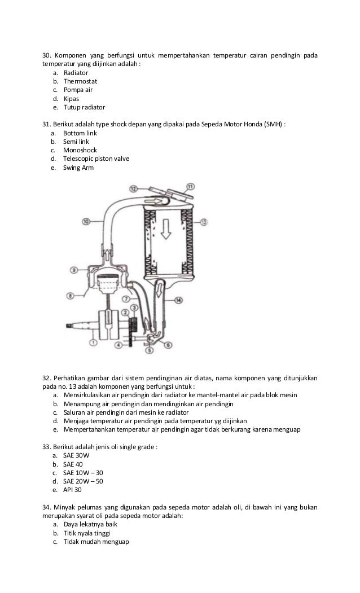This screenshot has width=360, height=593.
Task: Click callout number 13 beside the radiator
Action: tap(204, 222)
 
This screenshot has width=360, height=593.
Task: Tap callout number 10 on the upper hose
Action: tap(86, 221)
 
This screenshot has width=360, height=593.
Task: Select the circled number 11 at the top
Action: tap(190, 186)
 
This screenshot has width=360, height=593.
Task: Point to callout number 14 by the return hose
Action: tap(178, 300)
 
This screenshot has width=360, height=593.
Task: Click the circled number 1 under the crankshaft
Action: tap(93, 342)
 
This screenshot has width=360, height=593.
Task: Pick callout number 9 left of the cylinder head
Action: tap(74, 270)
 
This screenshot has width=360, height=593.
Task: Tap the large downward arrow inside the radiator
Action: tap(166, 230)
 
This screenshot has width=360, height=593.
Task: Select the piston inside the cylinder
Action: tap(108, 283)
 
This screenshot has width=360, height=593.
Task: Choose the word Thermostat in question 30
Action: tap(80, 81)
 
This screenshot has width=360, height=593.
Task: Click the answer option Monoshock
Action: tap(80, 150)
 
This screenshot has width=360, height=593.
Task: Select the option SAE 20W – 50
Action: tap(83, 481)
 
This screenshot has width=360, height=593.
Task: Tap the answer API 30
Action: tap(72, 490)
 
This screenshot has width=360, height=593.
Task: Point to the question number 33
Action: tap(47, 447)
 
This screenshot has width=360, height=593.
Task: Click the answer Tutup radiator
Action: tap(84, 107)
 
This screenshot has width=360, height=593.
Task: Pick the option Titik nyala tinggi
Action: tap(86, 533)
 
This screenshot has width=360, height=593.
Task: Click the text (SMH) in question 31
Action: tap(273, 125)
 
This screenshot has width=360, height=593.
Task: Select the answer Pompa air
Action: tap(78, 90)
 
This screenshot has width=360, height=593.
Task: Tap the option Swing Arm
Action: tap(78, 168)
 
